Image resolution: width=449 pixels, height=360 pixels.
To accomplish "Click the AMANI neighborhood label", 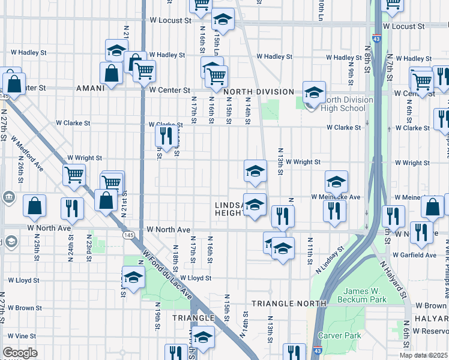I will [91, 88].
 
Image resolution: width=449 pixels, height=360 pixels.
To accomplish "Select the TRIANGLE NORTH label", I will [289, 304].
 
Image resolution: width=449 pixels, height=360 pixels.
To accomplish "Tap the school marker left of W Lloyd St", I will [133, 277].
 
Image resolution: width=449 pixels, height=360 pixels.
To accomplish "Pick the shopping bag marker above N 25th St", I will [35, 205].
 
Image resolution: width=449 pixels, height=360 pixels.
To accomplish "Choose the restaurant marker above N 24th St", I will [71, 208].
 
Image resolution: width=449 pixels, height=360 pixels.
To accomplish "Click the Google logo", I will [20, 353].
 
